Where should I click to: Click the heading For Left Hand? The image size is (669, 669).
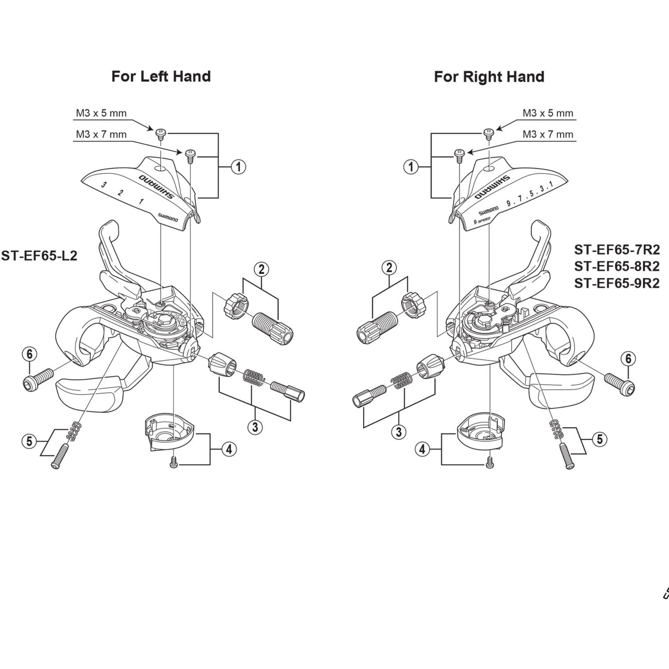click(161, 77)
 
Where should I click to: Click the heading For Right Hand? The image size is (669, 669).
click(489, 77)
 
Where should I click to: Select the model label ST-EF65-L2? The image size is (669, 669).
click(39, 256)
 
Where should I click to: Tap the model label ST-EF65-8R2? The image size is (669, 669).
click(617, 266)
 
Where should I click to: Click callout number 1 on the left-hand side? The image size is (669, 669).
click(238, 167)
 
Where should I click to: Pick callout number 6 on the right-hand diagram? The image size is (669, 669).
click(628, 359)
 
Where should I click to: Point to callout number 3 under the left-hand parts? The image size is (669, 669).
click(255, 427)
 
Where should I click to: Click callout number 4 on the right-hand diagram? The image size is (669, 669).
click(422, 450)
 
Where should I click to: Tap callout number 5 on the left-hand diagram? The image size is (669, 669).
click(29, 441)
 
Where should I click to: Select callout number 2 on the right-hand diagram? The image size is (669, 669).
click(389, 268)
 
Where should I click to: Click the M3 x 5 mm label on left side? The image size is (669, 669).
click(101, 114)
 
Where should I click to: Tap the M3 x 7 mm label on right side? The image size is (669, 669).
click(548, 134)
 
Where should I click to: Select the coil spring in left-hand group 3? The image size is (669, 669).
click(254, 377)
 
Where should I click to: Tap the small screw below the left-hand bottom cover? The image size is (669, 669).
click(174, 462)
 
